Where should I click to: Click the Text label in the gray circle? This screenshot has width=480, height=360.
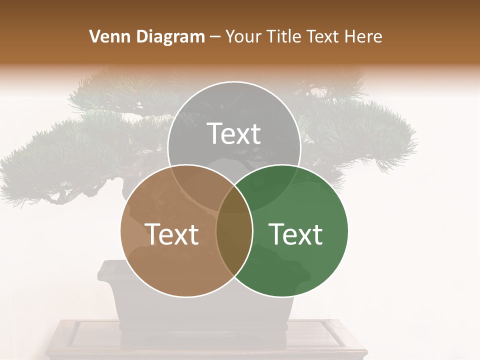pyautogui.click(x=234, y=133)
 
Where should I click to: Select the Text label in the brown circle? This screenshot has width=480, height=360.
pyautogui.click(x=171, y=233)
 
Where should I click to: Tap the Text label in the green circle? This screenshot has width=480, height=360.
pyautogui.click(x=296, y=233)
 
